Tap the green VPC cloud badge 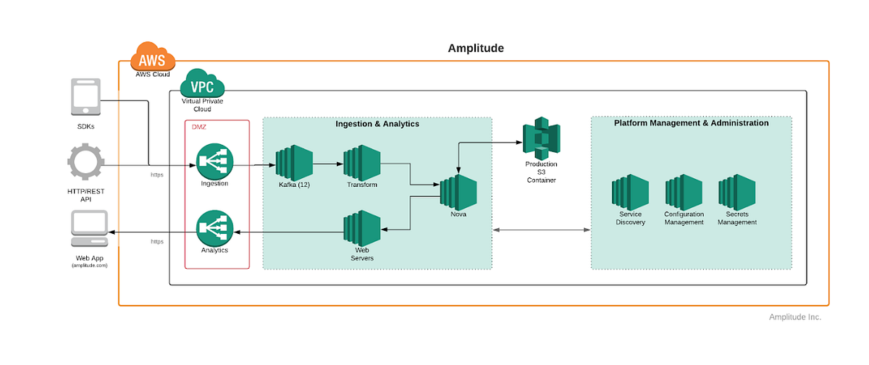tap(202, 85)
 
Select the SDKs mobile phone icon tap(87, 97)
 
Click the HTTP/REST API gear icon tap(87, 161)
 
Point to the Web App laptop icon tap(90, 230)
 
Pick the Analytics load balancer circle tap(214, 227)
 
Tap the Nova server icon tap(458, 192)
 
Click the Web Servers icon tap(362, 229)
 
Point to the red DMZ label tap(199, 127)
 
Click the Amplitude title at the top tap(476, 49)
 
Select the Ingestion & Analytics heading tap(377, 124)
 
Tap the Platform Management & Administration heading tap(691, 123)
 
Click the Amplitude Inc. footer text tap(795, 317)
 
